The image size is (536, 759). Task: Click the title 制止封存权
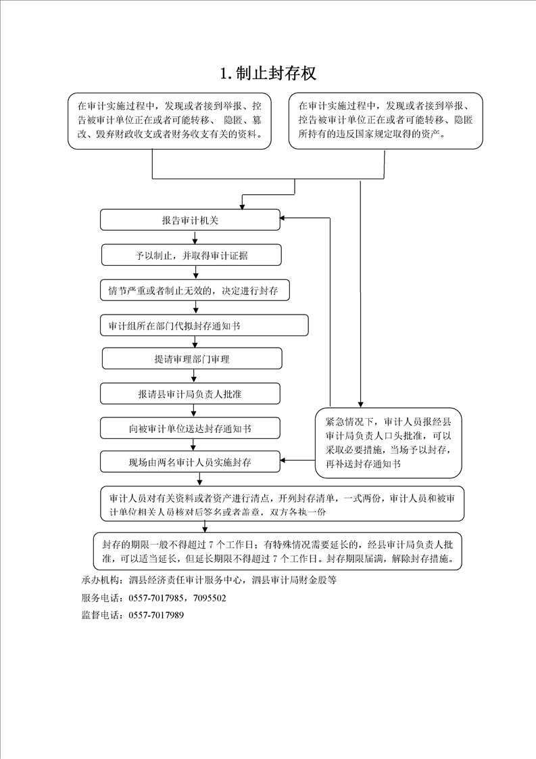(268, 74)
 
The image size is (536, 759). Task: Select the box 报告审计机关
(190, 220)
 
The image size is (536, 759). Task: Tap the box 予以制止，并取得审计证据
(191, 255)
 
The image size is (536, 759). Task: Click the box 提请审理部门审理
(192, 359)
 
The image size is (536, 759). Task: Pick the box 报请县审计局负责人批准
(190, 394)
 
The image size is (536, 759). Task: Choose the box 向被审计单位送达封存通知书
(190, 428)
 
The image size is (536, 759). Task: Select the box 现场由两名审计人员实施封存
(190, 462)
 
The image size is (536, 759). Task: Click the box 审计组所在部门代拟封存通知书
(204, 325)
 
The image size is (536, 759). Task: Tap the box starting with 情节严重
(195, 291)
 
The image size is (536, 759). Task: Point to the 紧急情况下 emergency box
(388, 442)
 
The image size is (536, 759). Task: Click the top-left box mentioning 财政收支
(170, 120)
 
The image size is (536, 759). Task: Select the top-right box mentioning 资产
(385, 120)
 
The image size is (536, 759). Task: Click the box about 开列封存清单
(282, 504)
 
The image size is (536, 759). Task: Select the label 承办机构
(100, 580)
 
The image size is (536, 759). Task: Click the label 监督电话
(100, 615)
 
